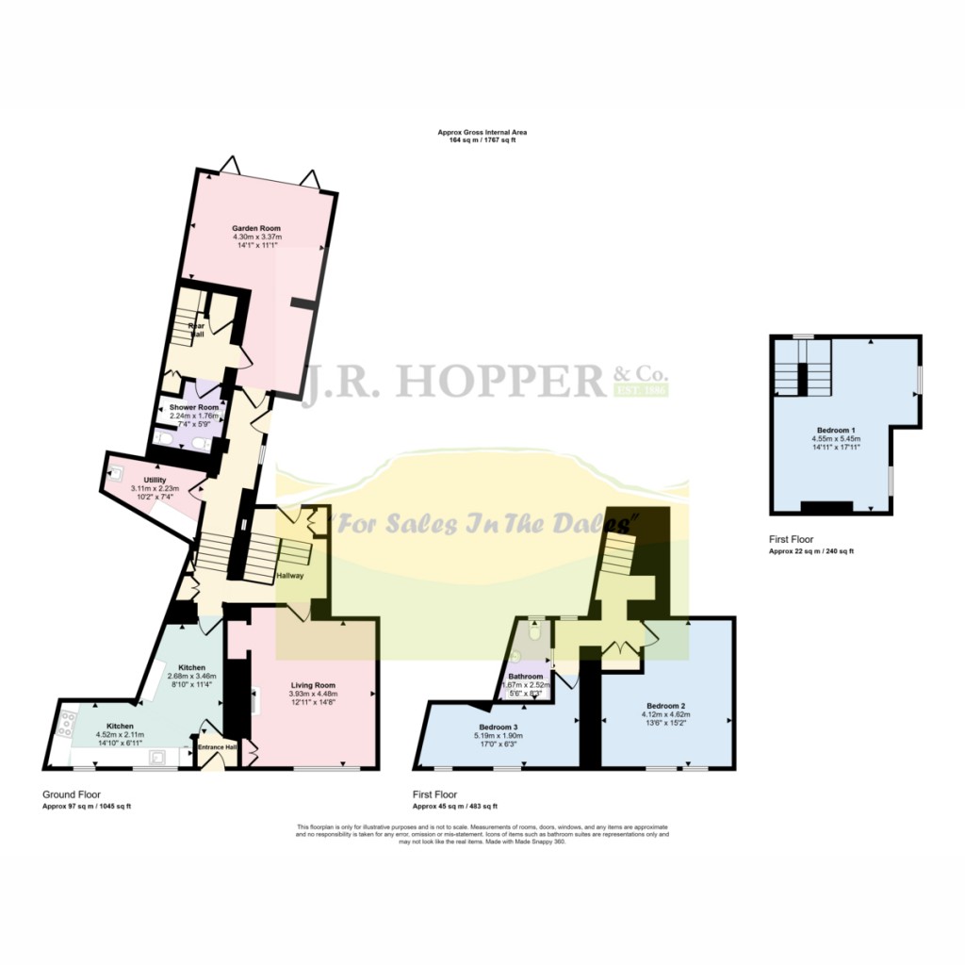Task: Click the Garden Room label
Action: point(257,228)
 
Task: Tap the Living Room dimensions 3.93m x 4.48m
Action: point(312,695)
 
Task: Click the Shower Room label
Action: point(193,407)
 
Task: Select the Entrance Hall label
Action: point(216,747)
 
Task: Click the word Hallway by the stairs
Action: point(289,576)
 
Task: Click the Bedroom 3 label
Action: point(499,727)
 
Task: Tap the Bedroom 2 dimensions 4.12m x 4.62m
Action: point(665,715)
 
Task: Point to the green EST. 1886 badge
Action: point(641,389)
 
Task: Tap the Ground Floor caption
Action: point(72,794)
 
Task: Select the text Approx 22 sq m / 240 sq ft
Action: point(811,550)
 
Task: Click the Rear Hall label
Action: point(197,329)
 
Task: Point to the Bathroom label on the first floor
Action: point(525,677)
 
